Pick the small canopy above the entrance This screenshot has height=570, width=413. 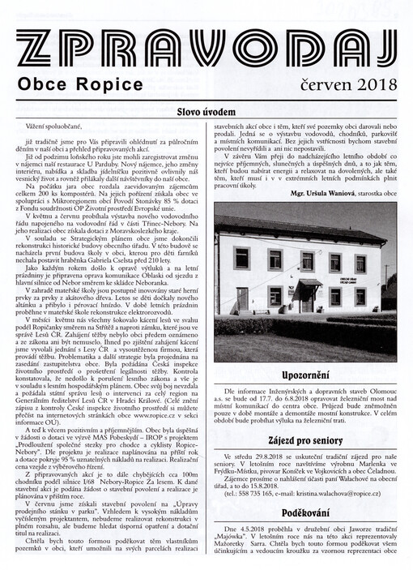coord(305,280)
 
